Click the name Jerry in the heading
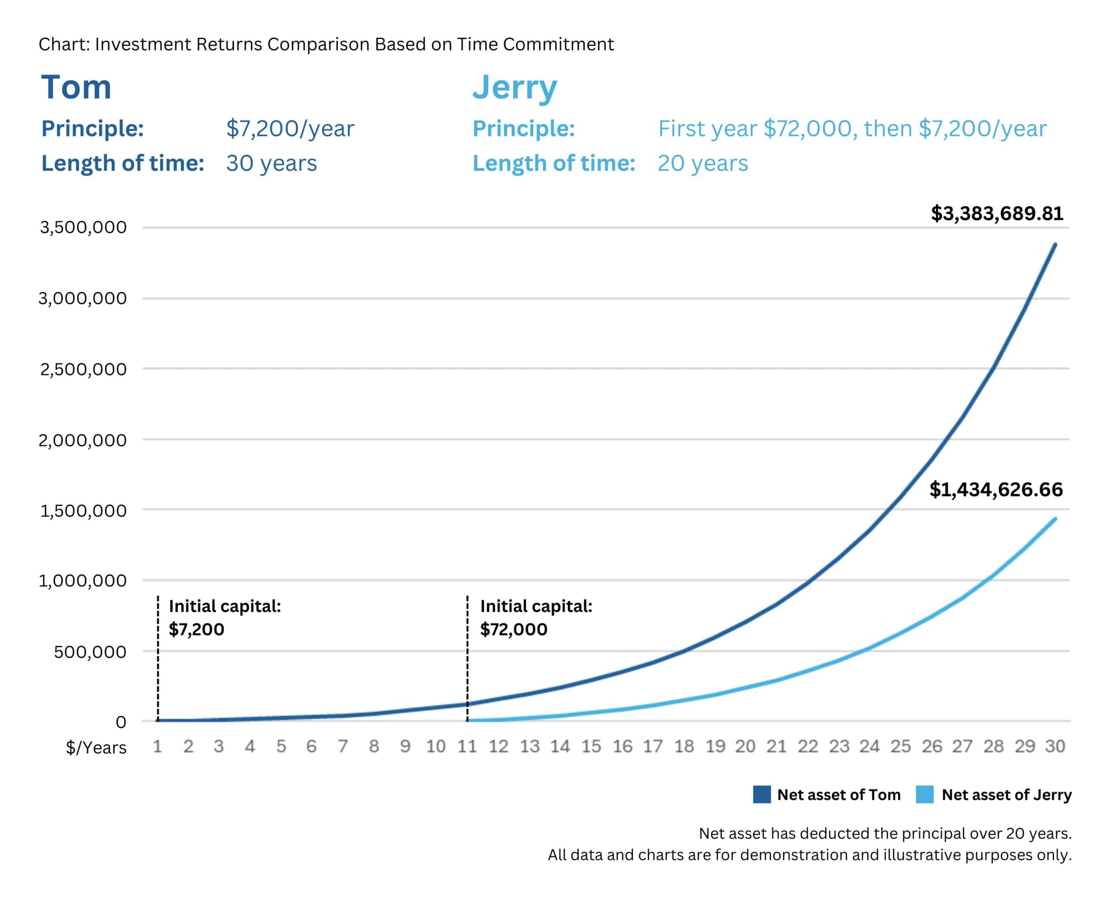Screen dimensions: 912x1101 (x=514, y=88)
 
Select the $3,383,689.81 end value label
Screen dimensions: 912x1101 (x=996, y=213)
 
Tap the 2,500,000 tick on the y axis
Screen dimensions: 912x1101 (x=83, y=369)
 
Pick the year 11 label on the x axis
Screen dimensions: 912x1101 (x=467, y=746)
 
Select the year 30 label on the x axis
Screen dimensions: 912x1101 (x=1055, y=746)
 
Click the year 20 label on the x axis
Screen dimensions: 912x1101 (x=745, y=746)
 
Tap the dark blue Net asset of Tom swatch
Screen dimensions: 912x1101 (x=762, y=795)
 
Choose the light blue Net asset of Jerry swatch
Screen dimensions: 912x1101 (x=925, y=795)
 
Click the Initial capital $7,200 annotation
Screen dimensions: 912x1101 (x=225, y=617)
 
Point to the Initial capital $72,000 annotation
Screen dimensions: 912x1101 (x=536, y=617)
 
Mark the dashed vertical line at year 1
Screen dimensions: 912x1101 (x=158, y=660)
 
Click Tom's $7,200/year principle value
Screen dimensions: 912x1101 (x=290, y=129)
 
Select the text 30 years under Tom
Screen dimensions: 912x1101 (x=271, y=163)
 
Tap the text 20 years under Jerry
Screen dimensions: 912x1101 (x=703, y=163)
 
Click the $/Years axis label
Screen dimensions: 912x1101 (x=96, y=747)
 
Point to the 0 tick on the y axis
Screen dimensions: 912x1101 (x=120, y=722)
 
